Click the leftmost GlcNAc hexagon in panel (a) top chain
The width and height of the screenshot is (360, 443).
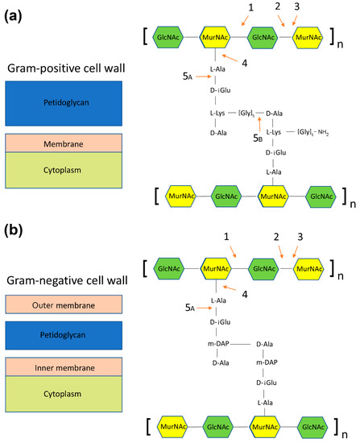pos(171,37)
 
